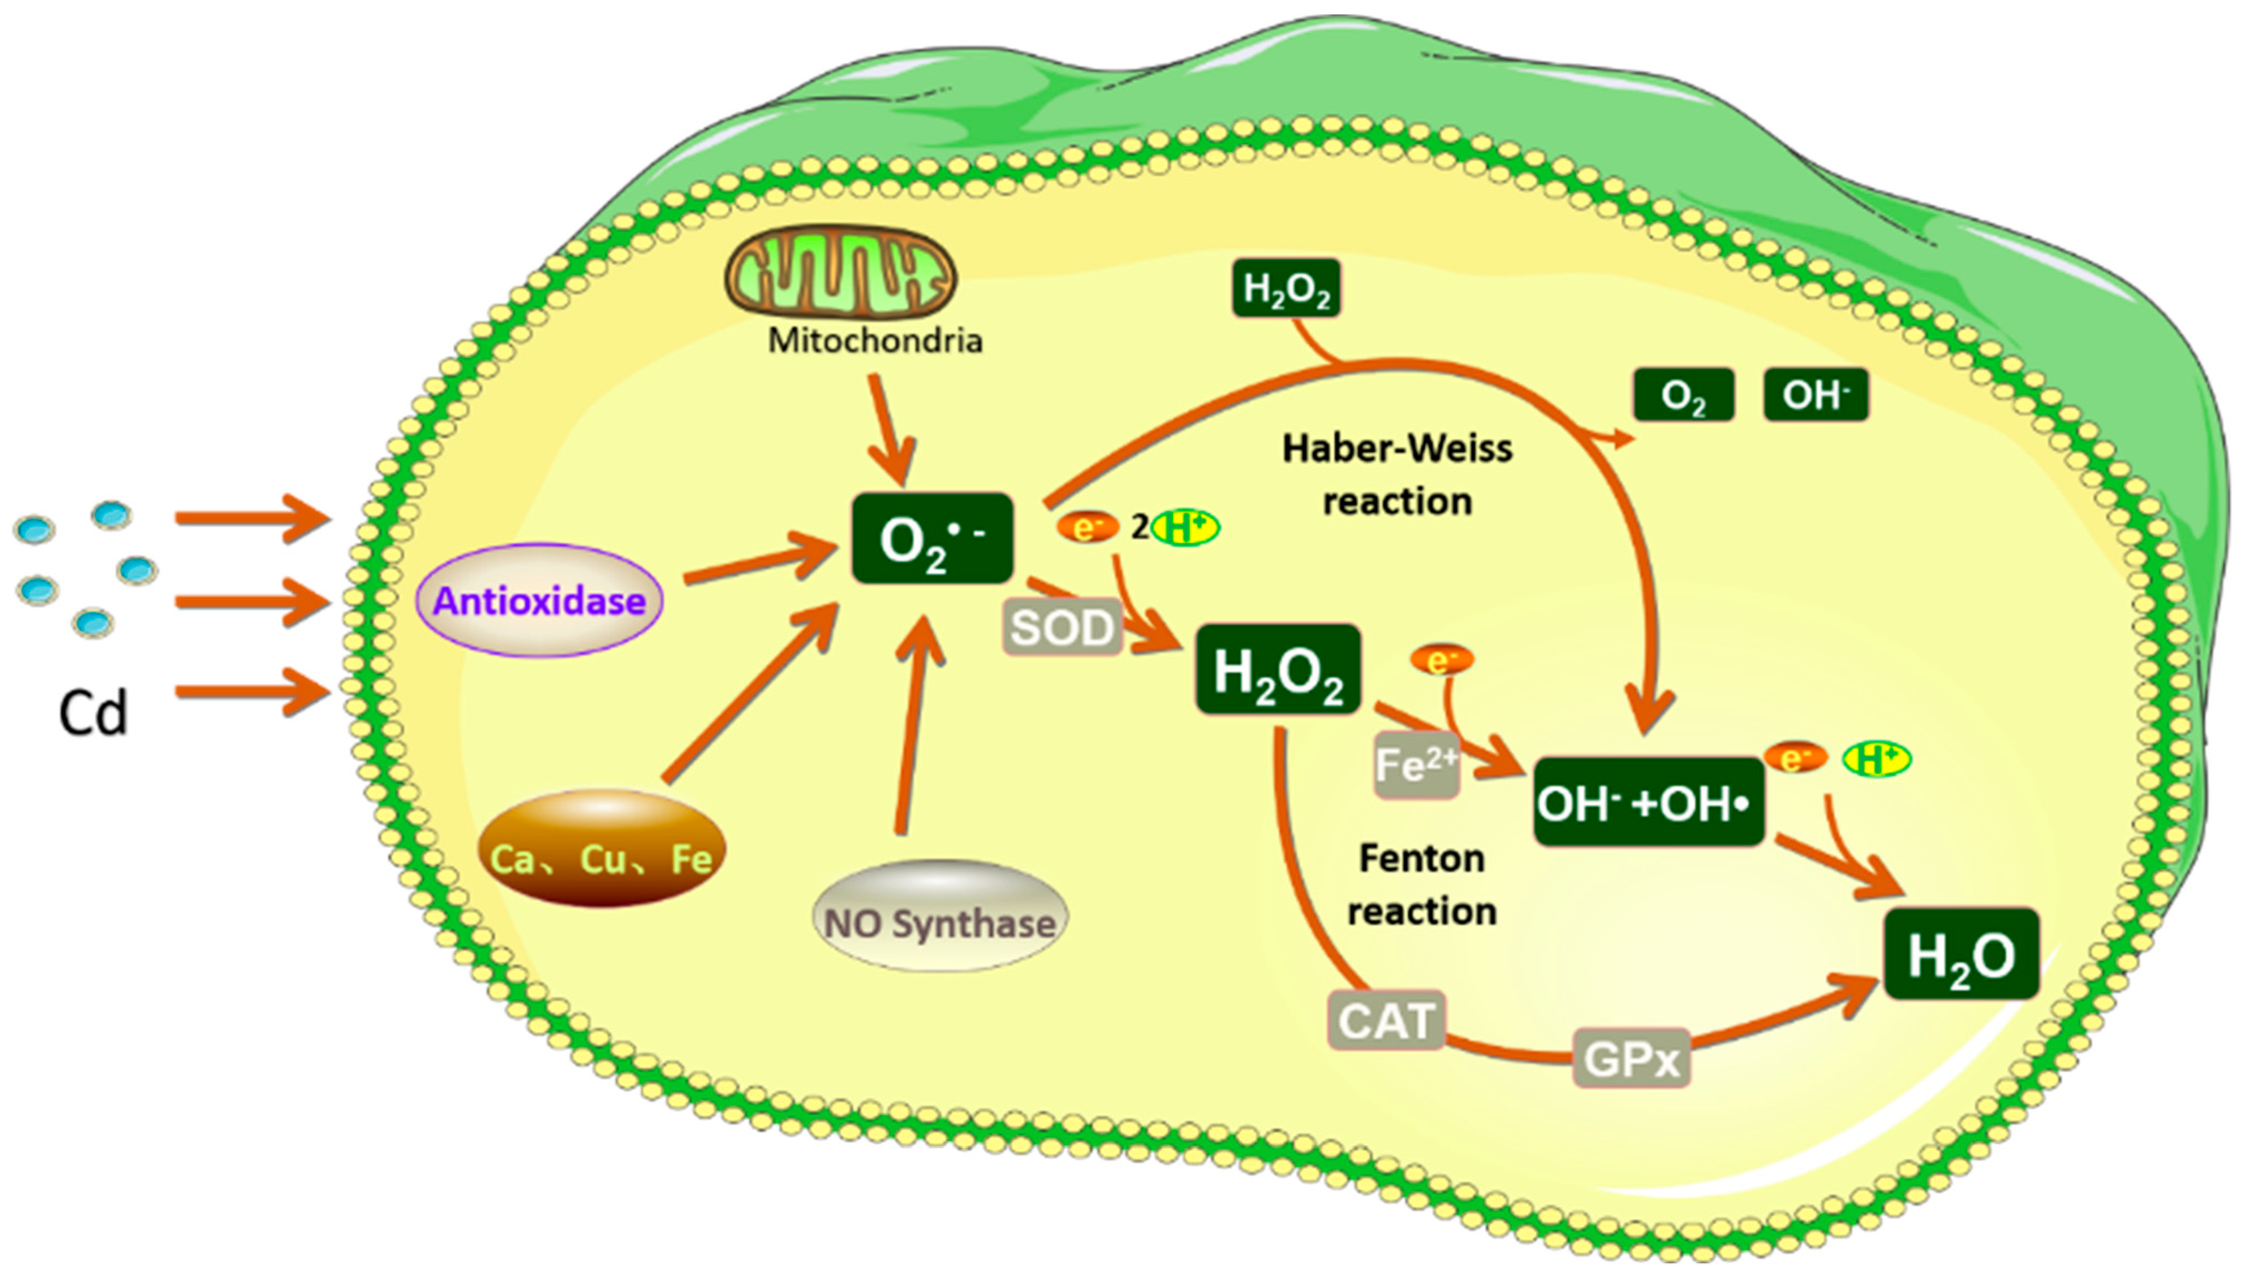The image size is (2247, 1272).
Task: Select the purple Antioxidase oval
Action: pos(539,601)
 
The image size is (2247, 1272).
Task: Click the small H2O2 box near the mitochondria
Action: pos(1285,288)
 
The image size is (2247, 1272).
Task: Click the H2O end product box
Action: pos(1960,954)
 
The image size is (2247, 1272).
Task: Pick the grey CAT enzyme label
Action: pos(1385,1019)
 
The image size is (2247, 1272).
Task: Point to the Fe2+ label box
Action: pos(1415,766)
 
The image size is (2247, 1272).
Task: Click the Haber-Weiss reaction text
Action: pos(1396,474)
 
